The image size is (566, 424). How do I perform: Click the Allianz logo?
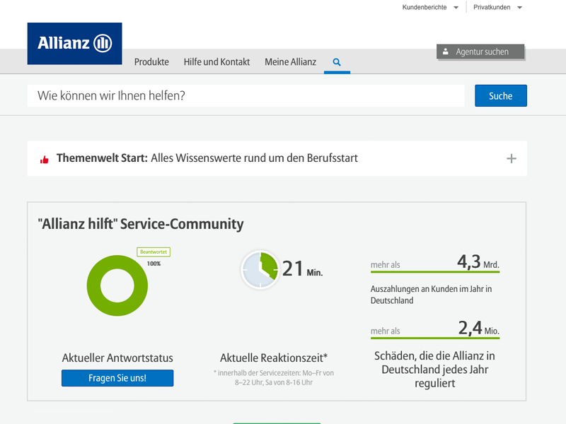[74, 44]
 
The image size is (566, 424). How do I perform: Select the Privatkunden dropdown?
[497, 7]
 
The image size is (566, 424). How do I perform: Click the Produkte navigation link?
[151, 62]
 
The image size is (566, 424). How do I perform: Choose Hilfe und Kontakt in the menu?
[216, 62]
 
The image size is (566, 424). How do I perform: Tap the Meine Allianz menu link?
[290, 62]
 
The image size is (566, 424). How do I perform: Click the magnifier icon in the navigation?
[337, 62]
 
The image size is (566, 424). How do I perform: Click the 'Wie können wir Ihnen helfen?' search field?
[246, 95]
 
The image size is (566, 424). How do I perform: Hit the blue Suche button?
[500, 95]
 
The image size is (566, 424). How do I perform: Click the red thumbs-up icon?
[45, 160]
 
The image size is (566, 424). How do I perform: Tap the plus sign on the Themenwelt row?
[512, 158]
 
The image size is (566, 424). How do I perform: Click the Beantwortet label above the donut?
[154, 252]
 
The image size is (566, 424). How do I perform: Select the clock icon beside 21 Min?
[260, 270]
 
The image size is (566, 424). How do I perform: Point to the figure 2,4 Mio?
[479, 329]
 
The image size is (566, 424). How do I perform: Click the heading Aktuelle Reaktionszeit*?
[274, 358]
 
